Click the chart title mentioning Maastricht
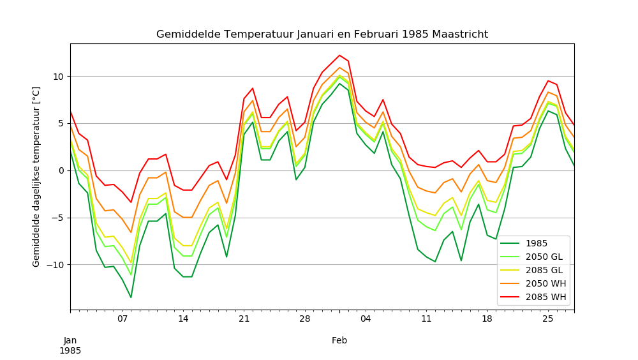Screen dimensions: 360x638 click(x=322, y=34)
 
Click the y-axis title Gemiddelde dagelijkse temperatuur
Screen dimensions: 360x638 click(x=36, y=177)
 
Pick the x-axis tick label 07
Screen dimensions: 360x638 click(x=122, y=319)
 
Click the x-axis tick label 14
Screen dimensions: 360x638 click(x=183, y=319)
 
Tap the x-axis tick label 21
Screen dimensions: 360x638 click(x=244, y=319)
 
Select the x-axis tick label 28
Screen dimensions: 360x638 click(x=304, y=319)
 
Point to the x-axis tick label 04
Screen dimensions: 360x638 click(x=366, y=319)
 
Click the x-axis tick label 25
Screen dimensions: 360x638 click(x=547, y=319)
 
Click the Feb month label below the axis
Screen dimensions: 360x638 click(x=339, y=341)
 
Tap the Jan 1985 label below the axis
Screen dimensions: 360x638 click(x=70, y=345)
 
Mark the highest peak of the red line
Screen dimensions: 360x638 click(x=339, y=55)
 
